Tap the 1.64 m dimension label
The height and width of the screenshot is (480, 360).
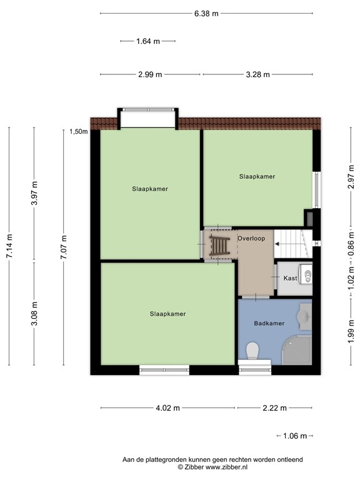pos(147,41)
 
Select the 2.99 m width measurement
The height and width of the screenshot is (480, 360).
pos(150,74)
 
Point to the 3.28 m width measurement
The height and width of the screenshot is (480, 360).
pos(257,74)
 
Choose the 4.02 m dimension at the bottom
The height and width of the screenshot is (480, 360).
pos(167,408)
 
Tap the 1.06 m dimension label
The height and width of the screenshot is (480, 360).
pos(294,436)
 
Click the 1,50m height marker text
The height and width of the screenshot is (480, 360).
pos(78,131)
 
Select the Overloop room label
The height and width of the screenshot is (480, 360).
pos(251,239)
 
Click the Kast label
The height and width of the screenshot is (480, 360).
pos(290,278)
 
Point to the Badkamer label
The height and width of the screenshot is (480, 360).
pos(269,323)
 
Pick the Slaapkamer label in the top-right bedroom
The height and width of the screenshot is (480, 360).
pos(257,177)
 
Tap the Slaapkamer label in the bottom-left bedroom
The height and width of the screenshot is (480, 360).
pos(167,314)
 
